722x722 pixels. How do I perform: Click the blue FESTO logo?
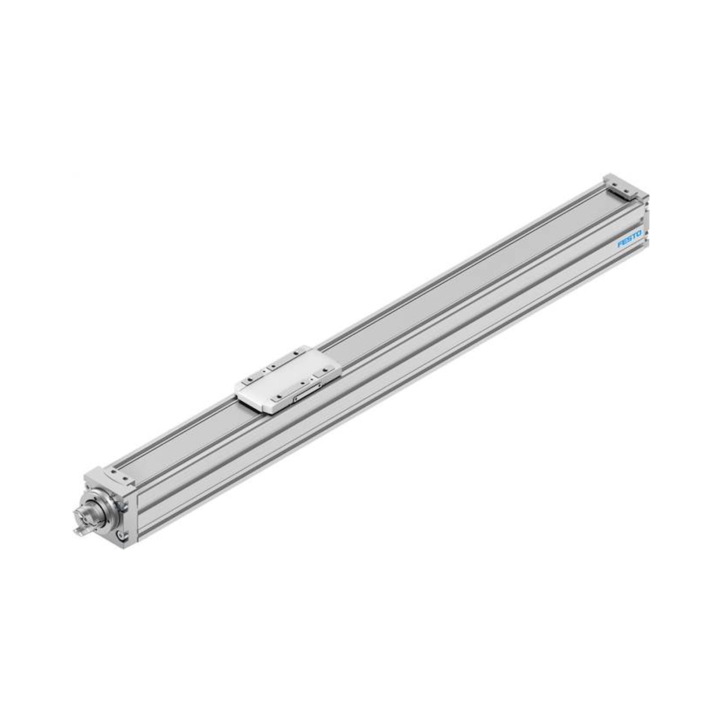click(630, 238)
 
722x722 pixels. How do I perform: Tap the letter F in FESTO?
click(619, 245)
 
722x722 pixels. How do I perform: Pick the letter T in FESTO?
click(635, 235)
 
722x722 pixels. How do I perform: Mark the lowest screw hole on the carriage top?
click(279, 396)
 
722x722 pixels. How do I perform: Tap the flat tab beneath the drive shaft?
click(81, 531)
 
